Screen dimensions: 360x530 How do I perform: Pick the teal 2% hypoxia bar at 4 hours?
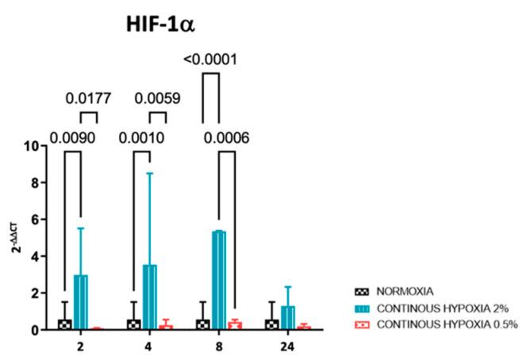[150, 297]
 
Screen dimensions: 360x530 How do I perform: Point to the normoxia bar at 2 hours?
[64, 324]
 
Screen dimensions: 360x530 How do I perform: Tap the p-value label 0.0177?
[89, 99]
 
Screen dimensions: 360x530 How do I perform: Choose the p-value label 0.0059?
[159, 99]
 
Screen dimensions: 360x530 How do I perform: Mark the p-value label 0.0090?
[72, 136]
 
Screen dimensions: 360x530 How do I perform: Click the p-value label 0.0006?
[229, 136]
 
